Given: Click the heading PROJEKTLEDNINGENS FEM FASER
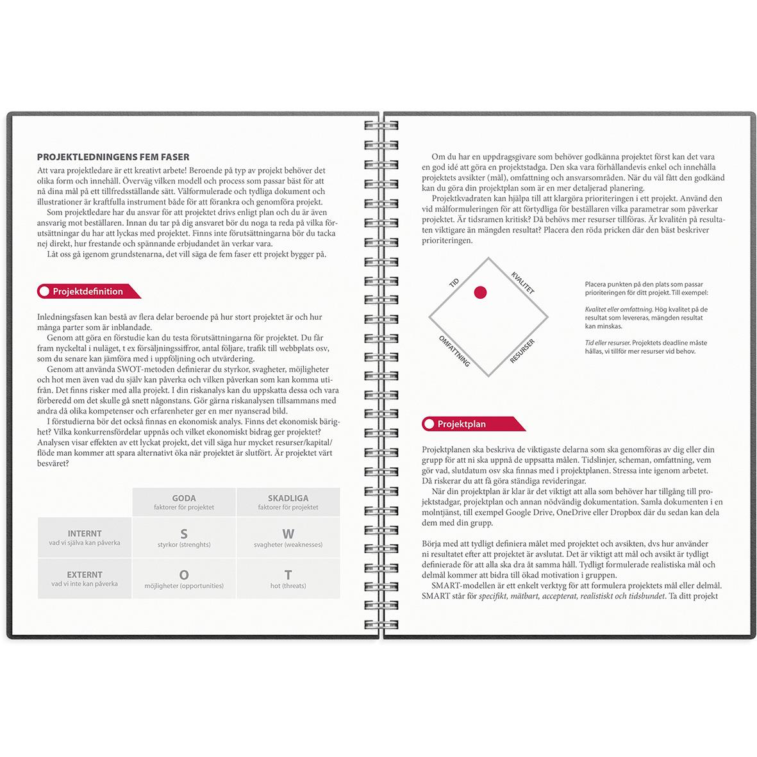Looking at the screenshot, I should point(113,157).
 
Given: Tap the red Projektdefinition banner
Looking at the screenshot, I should point(88,292).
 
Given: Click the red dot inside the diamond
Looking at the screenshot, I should point(480,293).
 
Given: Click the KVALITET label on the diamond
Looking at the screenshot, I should point(522,283).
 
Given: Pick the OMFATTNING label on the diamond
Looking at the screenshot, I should point(454,351).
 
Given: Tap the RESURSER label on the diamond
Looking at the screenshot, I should point(522,351).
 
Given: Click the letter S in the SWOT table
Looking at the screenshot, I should point(184,533).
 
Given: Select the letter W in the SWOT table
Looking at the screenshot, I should point(288,533).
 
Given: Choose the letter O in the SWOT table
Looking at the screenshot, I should point(184,575).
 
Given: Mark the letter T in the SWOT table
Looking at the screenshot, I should point(288,575).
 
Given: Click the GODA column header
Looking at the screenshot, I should point(184,498).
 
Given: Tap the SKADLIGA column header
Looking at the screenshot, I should point(288,498).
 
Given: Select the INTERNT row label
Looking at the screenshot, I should point(85,533).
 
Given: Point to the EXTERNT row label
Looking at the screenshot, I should point(85,575).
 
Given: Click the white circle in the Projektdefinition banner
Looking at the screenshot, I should point(44,292).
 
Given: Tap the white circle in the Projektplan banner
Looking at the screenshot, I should point(429,424).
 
